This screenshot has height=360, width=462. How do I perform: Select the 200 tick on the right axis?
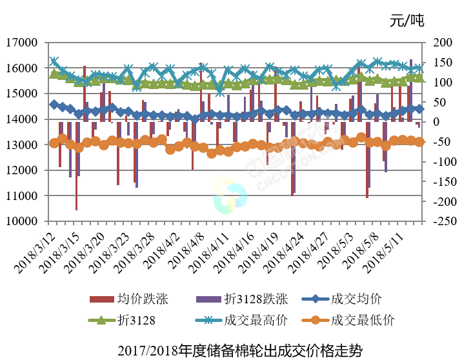[x=437, y=43]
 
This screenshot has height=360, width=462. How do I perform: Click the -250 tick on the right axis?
[x=437, y=221]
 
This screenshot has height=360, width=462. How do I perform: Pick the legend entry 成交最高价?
[x=255, y=319]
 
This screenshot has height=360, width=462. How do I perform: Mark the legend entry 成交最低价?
[x=362, y=319]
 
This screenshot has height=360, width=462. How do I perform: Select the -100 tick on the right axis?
[x=437, y=161]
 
